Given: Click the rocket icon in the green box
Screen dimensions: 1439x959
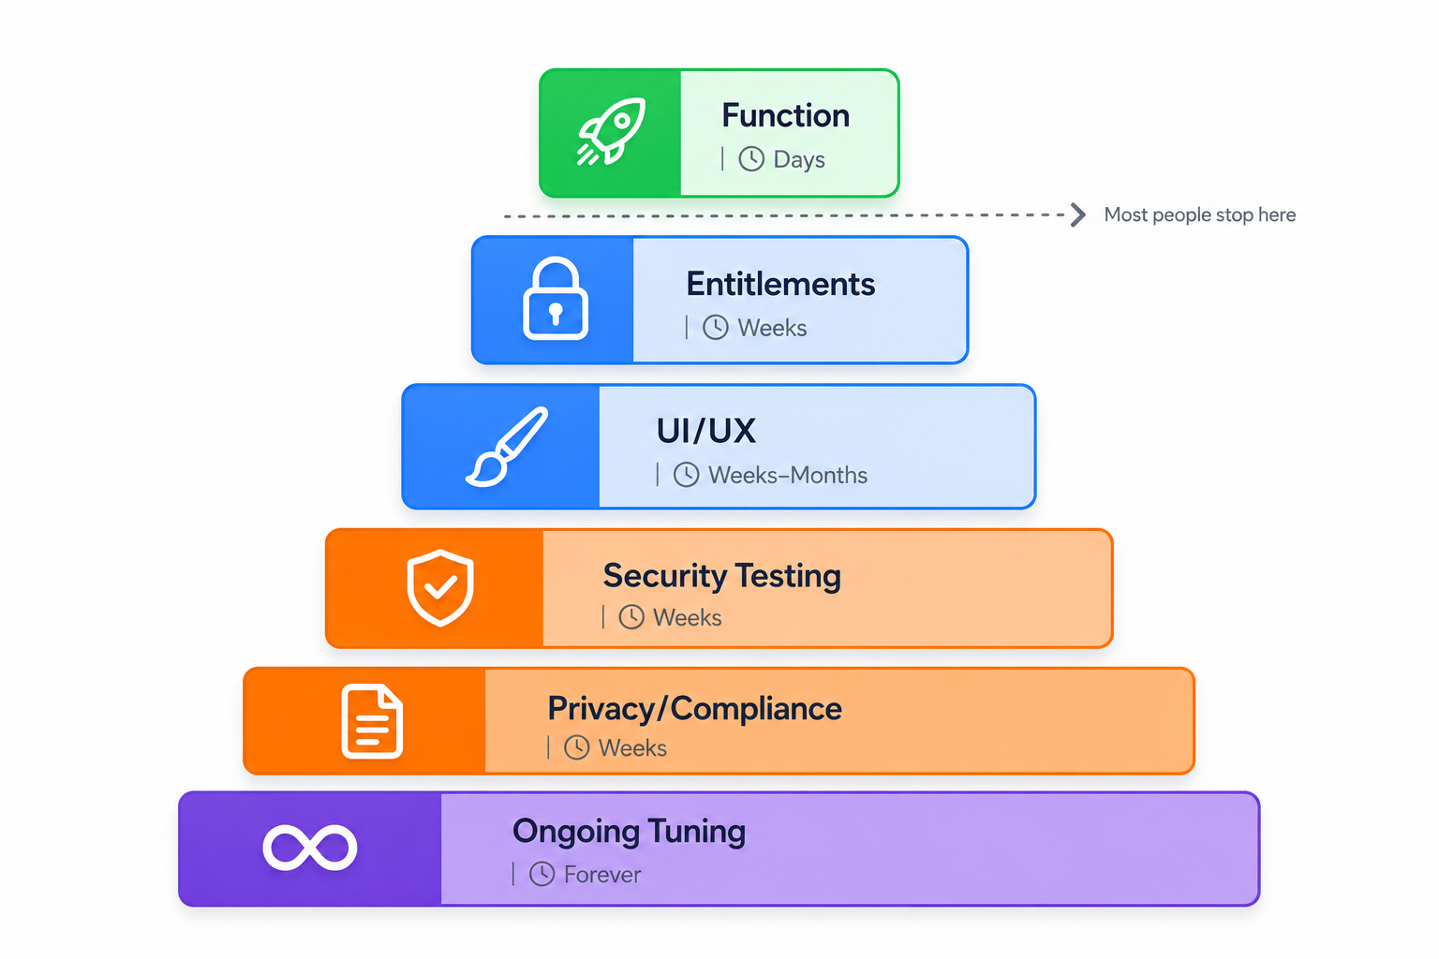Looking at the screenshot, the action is click(x=611, y=132).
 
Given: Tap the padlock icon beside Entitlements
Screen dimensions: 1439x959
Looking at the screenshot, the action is click(x=556, y=298).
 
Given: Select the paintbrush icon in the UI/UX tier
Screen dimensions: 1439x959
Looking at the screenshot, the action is click(x=507, y=447).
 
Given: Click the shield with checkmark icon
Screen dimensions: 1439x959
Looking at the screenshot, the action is click(x=440, y=587).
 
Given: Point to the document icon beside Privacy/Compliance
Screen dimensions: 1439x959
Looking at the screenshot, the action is click(x=372, y=721).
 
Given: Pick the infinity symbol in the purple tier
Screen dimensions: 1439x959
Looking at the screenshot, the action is click(x=310, y=848).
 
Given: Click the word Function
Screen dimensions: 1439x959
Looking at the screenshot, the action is click(x=786, y=115).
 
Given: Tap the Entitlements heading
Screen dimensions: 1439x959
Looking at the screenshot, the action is click(x=780, y=284).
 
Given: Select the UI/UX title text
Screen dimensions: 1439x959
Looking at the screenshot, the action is click(x=706, y=431).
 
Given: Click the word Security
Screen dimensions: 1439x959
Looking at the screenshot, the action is click(x=664, y=576).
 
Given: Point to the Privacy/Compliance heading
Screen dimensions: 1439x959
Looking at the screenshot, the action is click(x=694, y=709).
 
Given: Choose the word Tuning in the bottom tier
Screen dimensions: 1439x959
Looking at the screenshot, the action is click(x=696, y=832).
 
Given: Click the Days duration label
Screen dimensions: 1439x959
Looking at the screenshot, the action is click(x=799, y=159).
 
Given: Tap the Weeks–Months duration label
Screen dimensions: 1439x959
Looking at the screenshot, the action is click(x=788, y=476).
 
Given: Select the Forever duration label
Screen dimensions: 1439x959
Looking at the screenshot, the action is click(x=602, y=875).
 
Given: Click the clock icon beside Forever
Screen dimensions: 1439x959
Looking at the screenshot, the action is click(x=541, y=874).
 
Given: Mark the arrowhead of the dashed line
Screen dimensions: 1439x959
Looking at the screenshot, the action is click(x=1078, y=214).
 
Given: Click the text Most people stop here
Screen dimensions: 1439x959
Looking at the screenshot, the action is click(x=1199, y=214).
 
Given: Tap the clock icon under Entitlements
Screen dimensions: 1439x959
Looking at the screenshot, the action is click(x=715, y=328).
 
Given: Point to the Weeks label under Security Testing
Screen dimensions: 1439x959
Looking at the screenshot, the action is click(x=688, y=618).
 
